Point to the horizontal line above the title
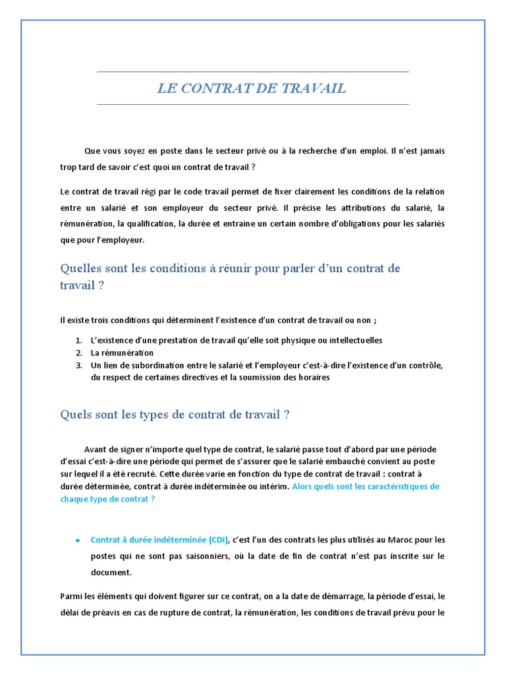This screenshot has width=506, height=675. (x=253, y=72)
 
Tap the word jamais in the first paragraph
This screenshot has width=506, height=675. (x=428, y=151)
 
